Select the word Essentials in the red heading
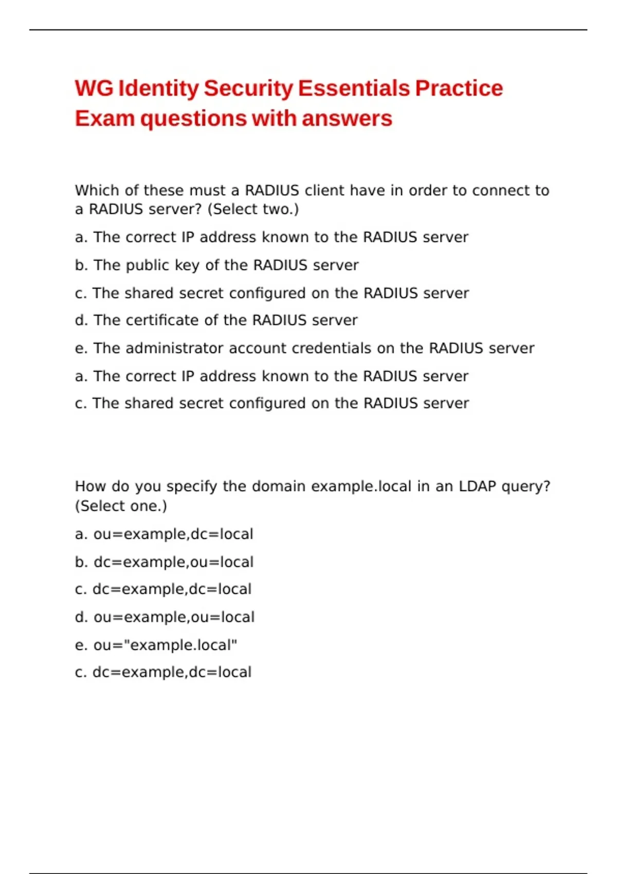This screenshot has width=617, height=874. click(x=354, y=88)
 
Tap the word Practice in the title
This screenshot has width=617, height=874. click(x=459, y=88)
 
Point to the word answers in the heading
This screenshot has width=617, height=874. click(x=347, y=119)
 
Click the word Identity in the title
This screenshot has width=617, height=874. click(x=158, y=88)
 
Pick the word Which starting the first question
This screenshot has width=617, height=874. click(x=97, y=191)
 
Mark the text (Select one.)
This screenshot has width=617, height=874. click(x=121, y=506)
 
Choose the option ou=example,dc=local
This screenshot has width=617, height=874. click(x=173, y=534)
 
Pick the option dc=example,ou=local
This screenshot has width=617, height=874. click(x=173, y=562)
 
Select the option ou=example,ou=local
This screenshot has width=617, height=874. click(x=174, y=617)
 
